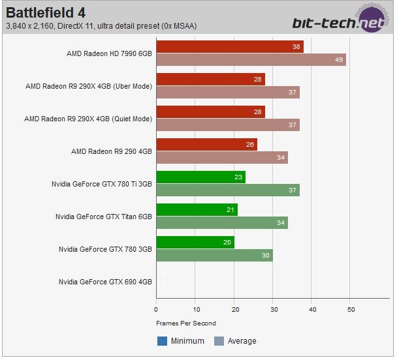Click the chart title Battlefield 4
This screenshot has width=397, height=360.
pos(46,12)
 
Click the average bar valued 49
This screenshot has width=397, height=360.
pos(251,59)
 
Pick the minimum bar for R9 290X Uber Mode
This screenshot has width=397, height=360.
pos(210,80)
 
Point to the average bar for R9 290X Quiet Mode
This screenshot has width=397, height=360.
pos(228,125)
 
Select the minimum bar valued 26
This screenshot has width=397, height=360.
pos(206,145)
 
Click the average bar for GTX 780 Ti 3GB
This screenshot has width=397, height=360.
pos(228,190)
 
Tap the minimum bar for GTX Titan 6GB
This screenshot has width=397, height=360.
pos(197,210)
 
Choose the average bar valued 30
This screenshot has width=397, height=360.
pos(214,255)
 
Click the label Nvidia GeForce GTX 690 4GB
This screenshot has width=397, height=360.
pos(105,282)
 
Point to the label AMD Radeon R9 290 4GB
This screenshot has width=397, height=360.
pos(112,151)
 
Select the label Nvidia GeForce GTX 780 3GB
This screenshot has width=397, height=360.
pos(105,249)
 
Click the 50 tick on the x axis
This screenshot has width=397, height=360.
pos(351,309)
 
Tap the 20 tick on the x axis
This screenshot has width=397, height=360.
pos(234,309)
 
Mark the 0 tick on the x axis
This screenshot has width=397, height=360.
pos(156,309)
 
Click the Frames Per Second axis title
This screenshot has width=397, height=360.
pos(186,323)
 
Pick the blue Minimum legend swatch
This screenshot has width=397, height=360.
pos(162,340)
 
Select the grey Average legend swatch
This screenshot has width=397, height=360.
pos(219,340)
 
